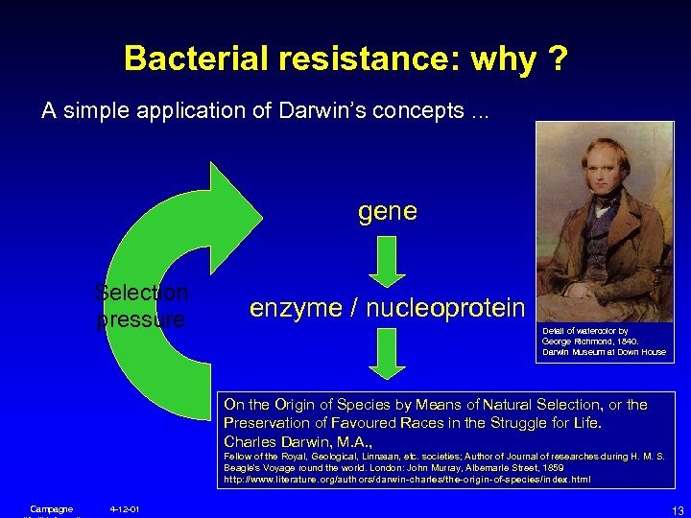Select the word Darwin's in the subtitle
tap(313, 110)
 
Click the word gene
tap(387, 211)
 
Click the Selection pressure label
tap(143, 306)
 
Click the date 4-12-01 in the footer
tap(125, 508)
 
